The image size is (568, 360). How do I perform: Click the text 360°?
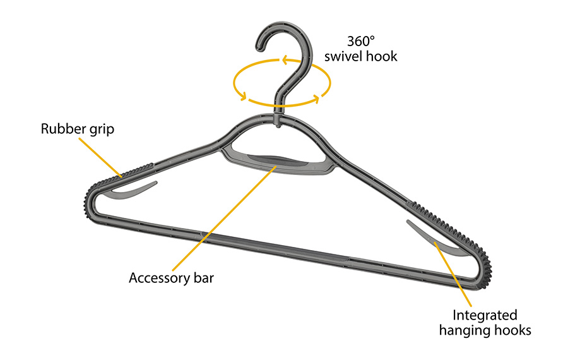[x=360, y=39]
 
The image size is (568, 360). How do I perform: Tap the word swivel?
[x=346, y=56]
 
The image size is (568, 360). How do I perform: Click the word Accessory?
[x=158, y=278]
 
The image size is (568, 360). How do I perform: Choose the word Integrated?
[x=485, y=315]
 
